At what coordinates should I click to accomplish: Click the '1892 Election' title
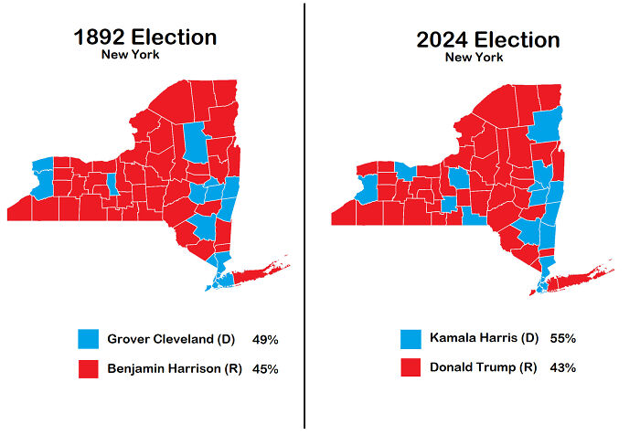click(145, 37)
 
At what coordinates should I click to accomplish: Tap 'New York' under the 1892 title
click(131, 55)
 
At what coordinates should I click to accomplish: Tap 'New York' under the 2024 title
click(475, 58)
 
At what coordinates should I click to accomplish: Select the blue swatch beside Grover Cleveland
click(90, 339)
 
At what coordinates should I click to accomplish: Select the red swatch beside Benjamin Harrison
click(90, 368)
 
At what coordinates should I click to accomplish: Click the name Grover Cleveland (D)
click(171, 339)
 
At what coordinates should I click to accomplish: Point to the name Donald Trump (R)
click(483, 368)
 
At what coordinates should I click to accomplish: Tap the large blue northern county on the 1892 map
click(195, 146)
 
